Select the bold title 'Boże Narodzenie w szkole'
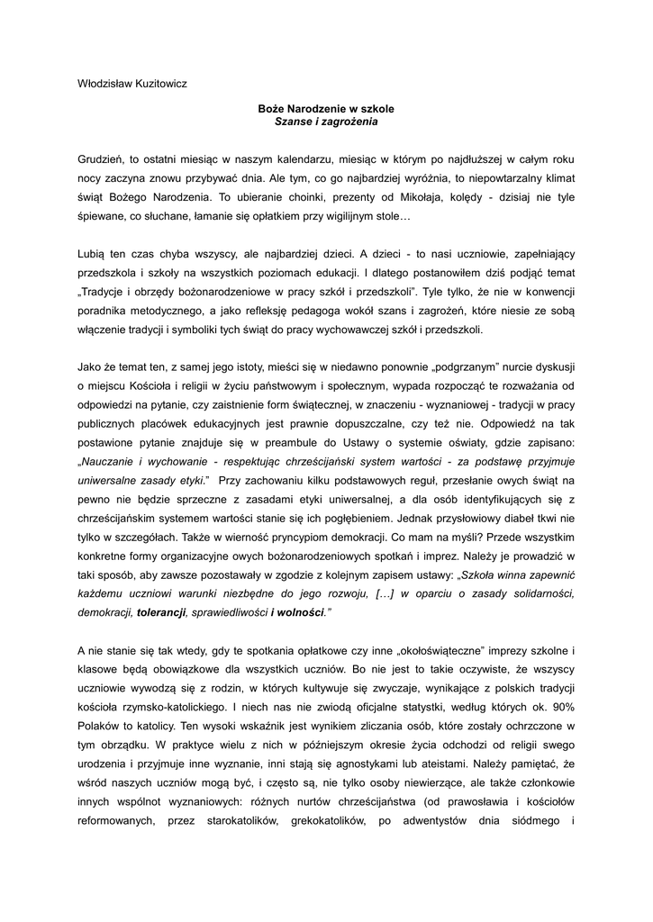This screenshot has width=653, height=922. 326,108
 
